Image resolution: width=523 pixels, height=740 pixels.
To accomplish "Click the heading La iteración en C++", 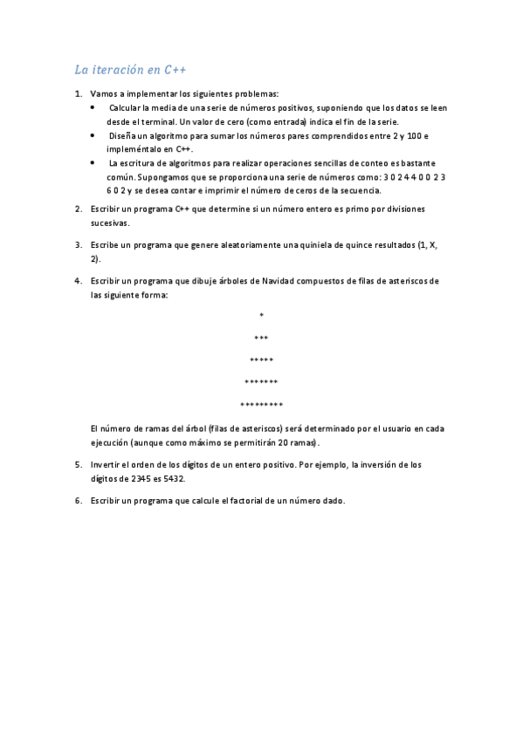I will coord(130,69).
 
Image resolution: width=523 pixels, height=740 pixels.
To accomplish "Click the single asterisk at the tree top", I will coord(261,315).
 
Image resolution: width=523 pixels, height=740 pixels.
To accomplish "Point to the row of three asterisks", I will coord(261,338).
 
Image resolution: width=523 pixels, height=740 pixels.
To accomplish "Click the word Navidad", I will coord(279,281).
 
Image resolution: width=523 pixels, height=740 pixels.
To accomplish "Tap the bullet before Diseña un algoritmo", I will coord(93,136).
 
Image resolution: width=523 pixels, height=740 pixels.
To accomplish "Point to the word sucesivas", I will coord(110,223).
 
